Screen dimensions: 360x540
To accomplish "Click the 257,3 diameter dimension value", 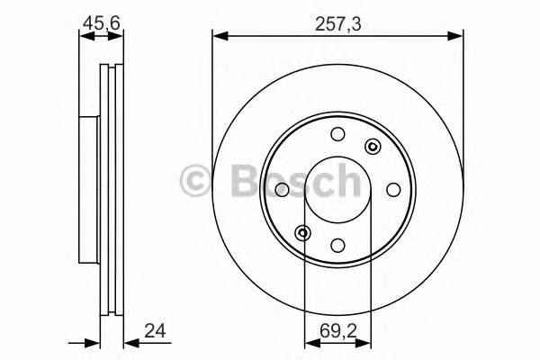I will click(337, 25).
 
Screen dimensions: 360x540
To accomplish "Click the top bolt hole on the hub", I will click(337, 135).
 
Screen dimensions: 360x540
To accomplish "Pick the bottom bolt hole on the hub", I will click(337, 245).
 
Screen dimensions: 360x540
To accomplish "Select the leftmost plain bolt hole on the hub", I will click(282, 190).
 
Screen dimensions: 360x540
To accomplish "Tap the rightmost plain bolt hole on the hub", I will click(393, 190).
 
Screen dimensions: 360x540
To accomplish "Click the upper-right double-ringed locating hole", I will click(371, 148).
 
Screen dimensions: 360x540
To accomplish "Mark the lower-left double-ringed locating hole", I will click(304, 233).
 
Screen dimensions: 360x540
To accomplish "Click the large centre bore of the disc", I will click(337, 190).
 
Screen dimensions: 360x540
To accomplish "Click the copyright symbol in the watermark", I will click(197, 180).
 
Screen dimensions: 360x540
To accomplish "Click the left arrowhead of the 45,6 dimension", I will click(84, 37).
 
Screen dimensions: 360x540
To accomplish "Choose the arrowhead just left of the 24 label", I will click(127, 340).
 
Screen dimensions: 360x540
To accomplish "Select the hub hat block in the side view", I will click(88, 190).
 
